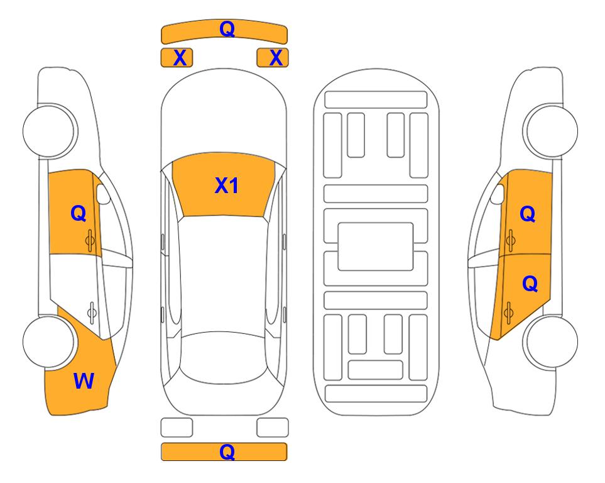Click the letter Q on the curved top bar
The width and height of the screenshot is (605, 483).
(227, 29)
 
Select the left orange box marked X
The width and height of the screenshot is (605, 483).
(177, 58)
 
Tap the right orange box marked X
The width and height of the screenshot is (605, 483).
(273, 58)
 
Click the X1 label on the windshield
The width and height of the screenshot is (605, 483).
(227, 186)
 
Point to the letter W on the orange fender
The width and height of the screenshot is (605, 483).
(84, 381)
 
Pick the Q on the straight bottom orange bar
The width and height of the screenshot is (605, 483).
(227, 452)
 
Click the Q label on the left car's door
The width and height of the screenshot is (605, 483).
(79, 213)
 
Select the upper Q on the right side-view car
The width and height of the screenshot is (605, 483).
(528, 214)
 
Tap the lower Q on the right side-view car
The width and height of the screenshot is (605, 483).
(530, 284)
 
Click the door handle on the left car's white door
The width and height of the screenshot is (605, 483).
(92, 312)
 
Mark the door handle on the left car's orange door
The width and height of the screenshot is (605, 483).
(90, 240)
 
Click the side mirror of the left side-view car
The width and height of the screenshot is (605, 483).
(103, 194)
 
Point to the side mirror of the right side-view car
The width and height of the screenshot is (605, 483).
(498, 194)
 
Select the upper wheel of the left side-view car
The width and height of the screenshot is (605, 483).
(49, 131)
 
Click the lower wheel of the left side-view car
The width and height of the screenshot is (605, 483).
(49, 341)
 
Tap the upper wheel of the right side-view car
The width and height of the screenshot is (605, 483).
(552, 131)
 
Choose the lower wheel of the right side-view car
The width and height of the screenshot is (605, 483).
(552, 341)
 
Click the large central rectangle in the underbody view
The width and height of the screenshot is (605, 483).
(376, 247)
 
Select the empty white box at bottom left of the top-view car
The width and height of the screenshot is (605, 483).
(177, 428)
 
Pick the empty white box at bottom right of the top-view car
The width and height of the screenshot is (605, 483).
(273, 428)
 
